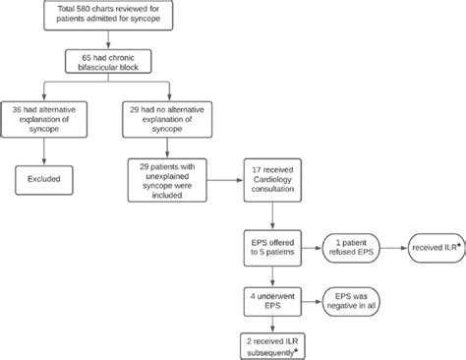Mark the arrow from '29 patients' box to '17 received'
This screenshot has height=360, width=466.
(x=226, y=182)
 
